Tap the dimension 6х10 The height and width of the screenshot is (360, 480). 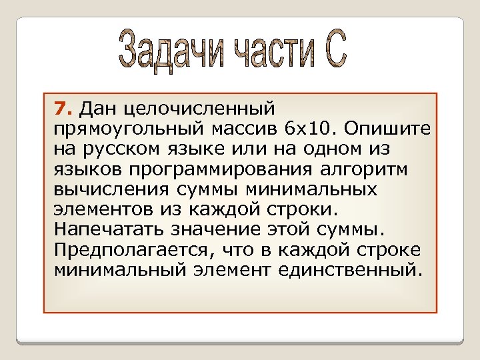295,127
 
